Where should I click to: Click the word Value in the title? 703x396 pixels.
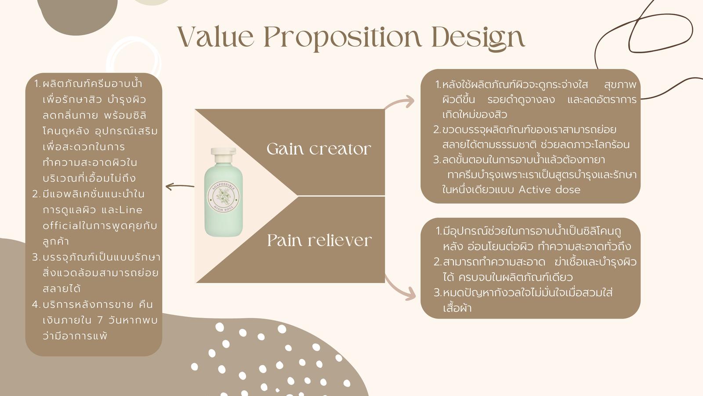tap(216, 37)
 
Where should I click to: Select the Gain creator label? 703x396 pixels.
tap(319, 149)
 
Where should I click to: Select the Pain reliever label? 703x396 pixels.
tap(319, 240)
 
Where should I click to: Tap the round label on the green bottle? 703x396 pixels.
tap(224, 196)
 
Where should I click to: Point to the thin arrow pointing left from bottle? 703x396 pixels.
tap(180, 187)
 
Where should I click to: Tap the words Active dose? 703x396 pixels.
tap(550, 190)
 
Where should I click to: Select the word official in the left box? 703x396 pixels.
tap(62, 226)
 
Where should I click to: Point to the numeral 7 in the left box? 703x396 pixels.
tap(100, 320)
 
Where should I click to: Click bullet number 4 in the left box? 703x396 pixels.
tap(36, 304)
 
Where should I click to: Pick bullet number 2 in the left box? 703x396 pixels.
tap(36, 194)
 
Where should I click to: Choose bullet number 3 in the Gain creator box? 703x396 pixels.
tap(437, 160)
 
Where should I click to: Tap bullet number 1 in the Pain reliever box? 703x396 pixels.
tap(439, 231)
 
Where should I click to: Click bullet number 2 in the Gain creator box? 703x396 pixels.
tap(437, 130)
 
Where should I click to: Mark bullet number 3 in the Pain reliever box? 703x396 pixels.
tap(438, 293)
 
